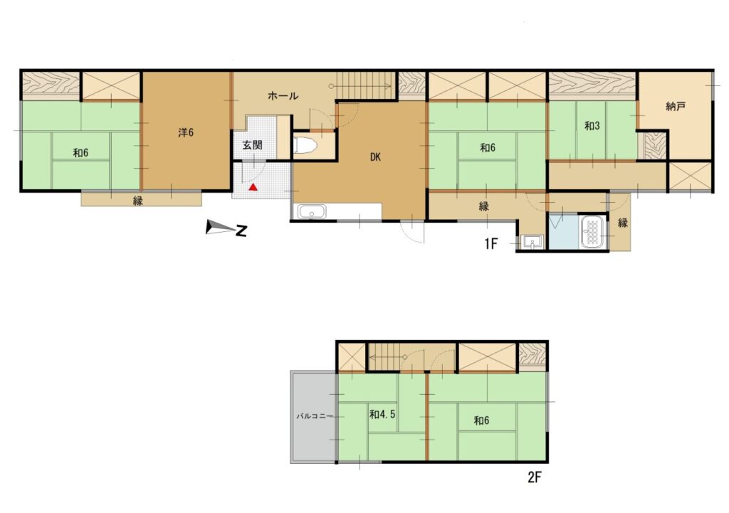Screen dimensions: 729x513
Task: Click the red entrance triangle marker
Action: tap(253, 187)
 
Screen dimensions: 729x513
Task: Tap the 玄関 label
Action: tap(253, 145)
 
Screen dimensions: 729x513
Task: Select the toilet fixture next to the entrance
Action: tap(306, 145)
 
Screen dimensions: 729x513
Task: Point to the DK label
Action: tap(376, 157)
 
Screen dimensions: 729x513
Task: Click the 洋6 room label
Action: tap(186, 132)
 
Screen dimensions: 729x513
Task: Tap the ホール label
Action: tap(283, 96)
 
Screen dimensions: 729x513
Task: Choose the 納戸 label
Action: tap(676, 107)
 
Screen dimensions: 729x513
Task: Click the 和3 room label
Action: tap(592, 125)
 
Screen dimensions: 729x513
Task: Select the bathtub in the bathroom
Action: tap(592, 232)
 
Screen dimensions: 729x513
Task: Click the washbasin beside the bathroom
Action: tap(530, 242)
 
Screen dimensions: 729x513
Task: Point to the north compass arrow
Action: tap(226, 228)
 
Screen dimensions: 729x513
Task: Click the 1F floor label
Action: tap(491, 243)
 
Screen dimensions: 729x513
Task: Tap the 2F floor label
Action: tap(535, 477)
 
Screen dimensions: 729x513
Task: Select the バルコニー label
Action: tap(315, 416)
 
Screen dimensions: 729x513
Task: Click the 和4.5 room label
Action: tap(382, 414)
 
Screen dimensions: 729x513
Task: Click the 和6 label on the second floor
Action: tap(481, 421)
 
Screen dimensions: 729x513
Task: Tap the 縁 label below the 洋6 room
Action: tap(137, 201)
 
